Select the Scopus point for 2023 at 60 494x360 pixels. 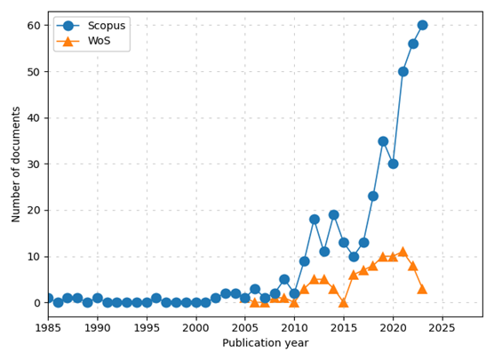422,25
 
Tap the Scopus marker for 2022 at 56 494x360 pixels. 412,44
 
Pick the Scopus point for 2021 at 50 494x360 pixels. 402,71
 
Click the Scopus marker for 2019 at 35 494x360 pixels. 383,140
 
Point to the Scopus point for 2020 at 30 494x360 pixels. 393,164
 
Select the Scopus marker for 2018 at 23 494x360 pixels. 373,196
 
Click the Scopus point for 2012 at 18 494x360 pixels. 314,219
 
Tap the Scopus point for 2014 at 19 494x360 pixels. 333,214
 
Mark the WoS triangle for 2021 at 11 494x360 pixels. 402,252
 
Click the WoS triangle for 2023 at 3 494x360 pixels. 422,289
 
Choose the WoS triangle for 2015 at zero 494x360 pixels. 343,302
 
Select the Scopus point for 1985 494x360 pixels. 48,298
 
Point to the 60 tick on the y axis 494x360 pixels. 34,25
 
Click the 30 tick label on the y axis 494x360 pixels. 34,164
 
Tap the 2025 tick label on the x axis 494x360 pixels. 442,328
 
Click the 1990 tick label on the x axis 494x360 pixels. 98,328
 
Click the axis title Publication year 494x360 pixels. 265,343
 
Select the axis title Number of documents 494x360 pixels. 15,164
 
